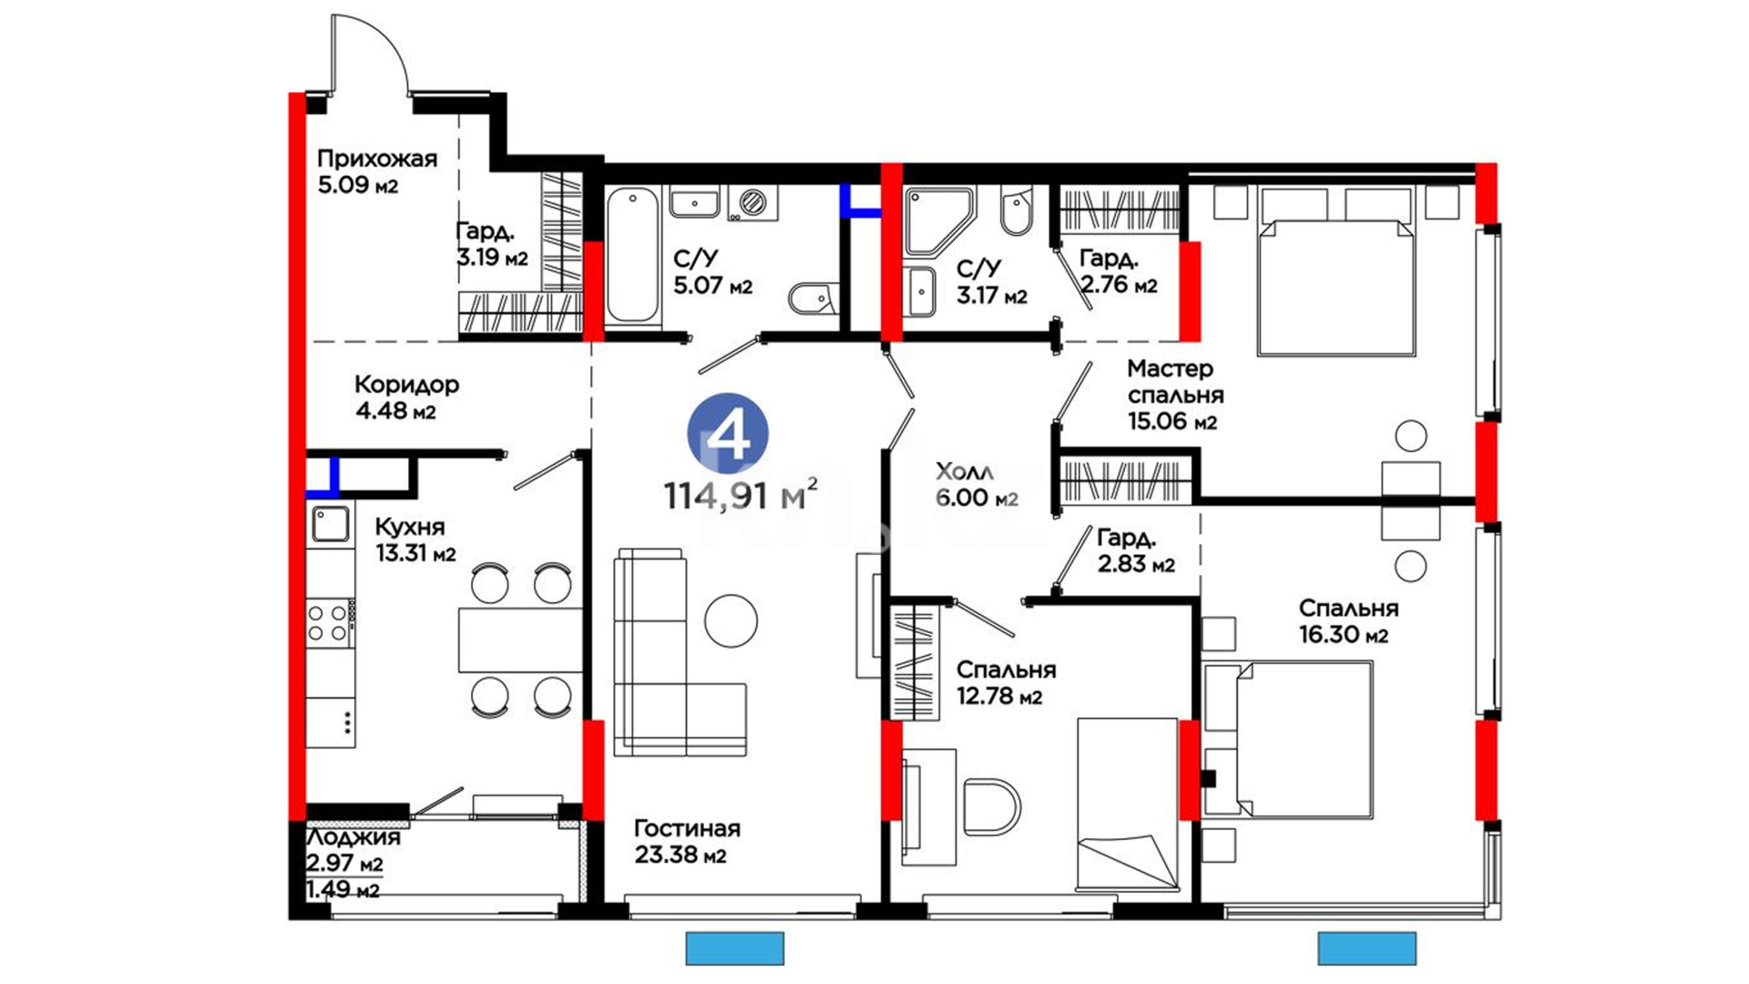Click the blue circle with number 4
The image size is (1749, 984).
click(728, 434)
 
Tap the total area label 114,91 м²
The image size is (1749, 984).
click(740, 495)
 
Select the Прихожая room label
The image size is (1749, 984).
click(377, 159)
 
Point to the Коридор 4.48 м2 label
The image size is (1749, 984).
click(406, 397)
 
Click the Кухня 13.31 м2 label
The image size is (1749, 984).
click(415, 540)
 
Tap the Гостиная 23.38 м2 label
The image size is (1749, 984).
click(687, 842)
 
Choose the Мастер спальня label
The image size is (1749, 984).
click(1175, 382)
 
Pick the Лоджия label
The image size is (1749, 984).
click(353, 837)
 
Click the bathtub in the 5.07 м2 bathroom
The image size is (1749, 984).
click(632, 254)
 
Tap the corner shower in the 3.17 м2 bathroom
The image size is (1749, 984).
click(940, 220)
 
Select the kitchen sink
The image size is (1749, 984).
click(330, 524)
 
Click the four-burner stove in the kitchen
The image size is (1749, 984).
click(330, 622)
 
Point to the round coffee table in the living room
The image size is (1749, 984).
click(731, 621)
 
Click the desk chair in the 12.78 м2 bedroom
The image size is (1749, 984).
click(992, 805)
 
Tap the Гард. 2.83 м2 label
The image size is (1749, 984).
click(1136, 551)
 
